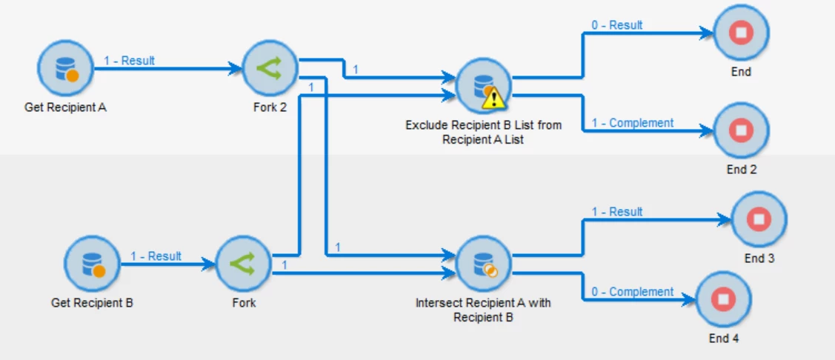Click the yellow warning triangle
pos(493,96)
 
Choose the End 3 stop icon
pos(759,219)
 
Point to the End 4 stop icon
pos(724,299)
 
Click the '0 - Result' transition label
pos(616,25)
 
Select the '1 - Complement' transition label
pos(632,123)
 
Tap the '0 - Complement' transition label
pos(632,292)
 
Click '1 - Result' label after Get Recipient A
pos(129,61)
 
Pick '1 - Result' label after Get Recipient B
pos(156,256)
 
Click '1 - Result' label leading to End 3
pos(616,212)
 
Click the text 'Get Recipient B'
pos(92,303)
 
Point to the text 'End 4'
pos(724,339)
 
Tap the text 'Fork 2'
pos(270,107)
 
